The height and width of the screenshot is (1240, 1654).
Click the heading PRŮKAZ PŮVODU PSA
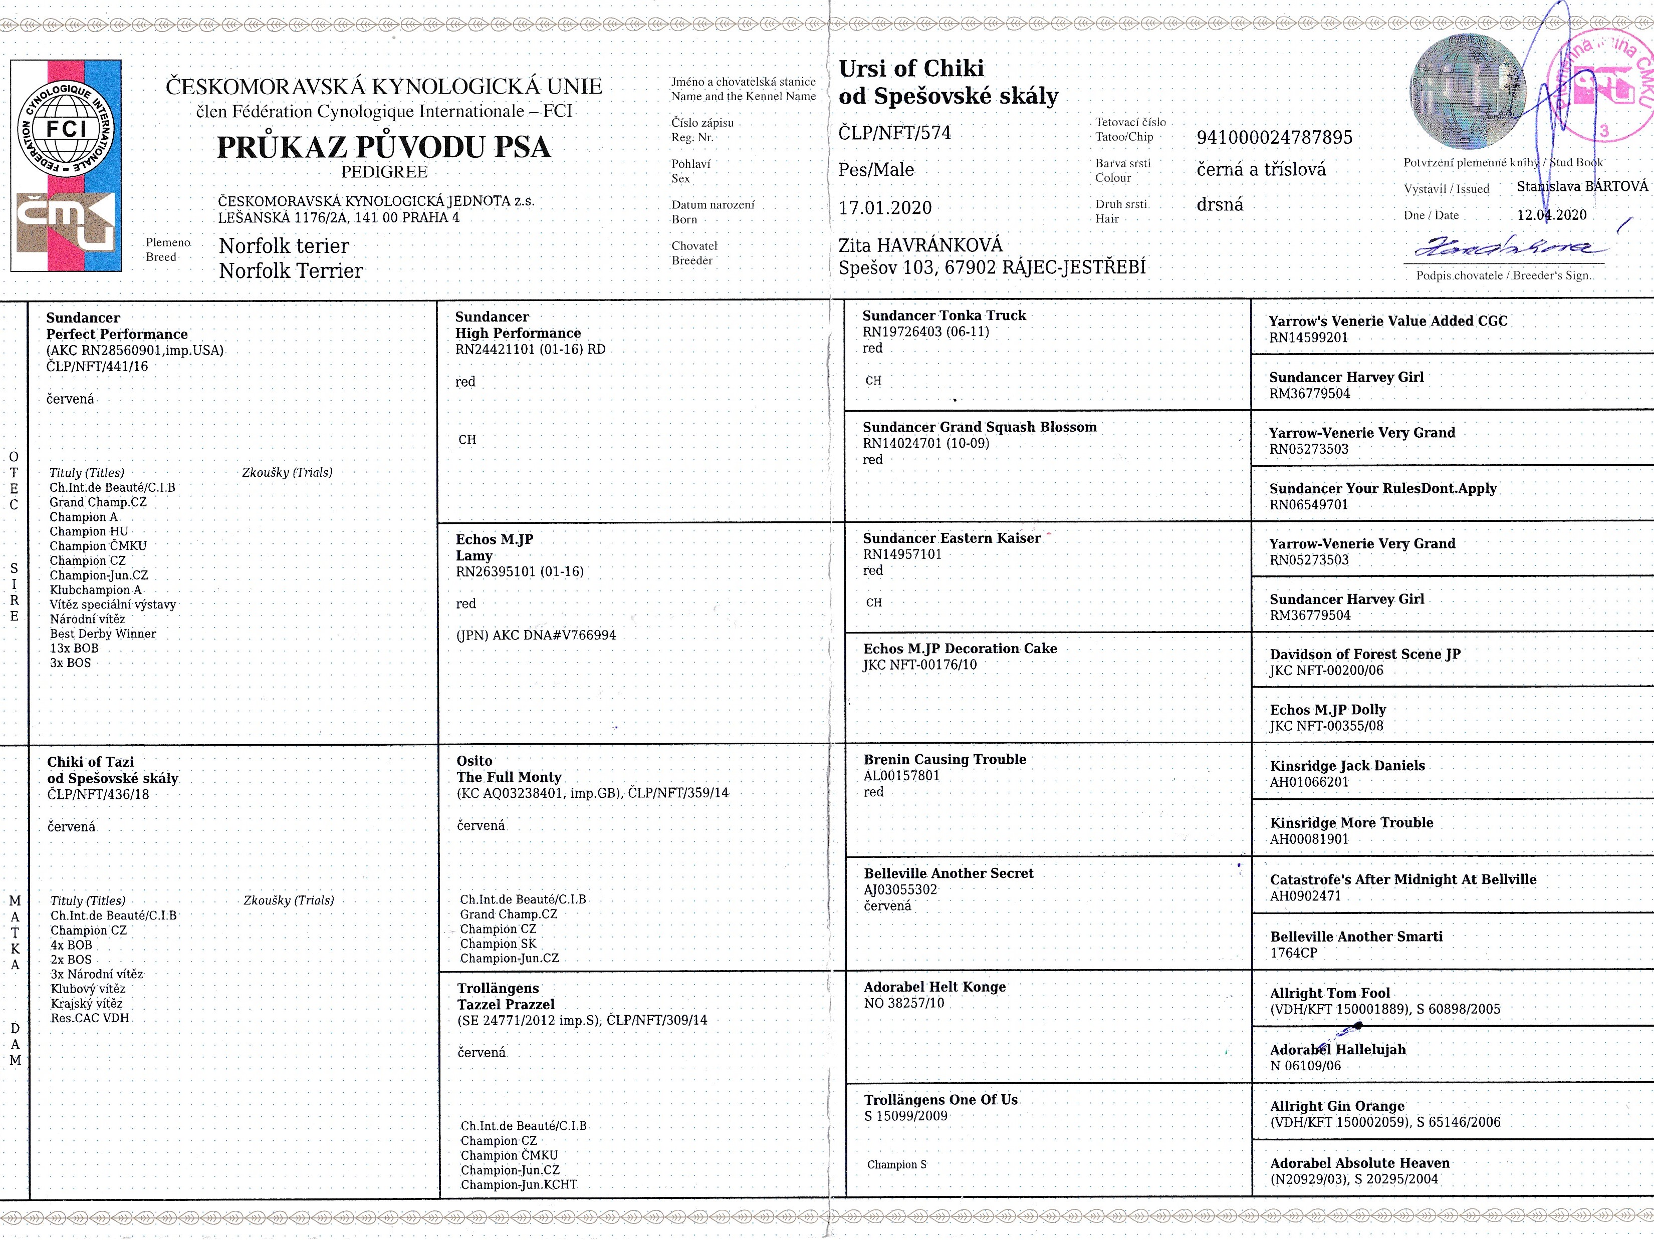384,147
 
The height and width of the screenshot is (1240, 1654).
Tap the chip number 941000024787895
1274,138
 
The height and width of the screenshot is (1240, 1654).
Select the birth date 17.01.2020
885,208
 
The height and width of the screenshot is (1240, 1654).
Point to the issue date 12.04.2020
1552,214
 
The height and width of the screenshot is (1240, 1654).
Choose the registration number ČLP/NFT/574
894,133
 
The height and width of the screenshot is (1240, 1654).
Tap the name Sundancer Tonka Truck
943,316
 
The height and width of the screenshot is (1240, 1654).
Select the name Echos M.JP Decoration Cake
960,649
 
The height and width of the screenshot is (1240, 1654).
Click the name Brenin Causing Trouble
944,759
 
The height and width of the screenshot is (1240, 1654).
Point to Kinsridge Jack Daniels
1347,765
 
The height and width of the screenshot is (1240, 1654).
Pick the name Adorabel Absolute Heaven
1359,1163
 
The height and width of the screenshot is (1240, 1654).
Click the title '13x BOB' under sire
74,648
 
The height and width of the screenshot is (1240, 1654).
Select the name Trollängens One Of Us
940,1099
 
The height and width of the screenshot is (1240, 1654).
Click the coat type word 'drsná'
1220,204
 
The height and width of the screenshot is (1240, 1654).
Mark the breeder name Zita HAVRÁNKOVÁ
920,245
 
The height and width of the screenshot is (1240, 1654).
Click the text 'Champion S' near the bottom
896,1164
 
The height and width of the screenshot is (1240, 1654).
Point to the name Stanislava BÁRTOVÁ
1582,186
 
